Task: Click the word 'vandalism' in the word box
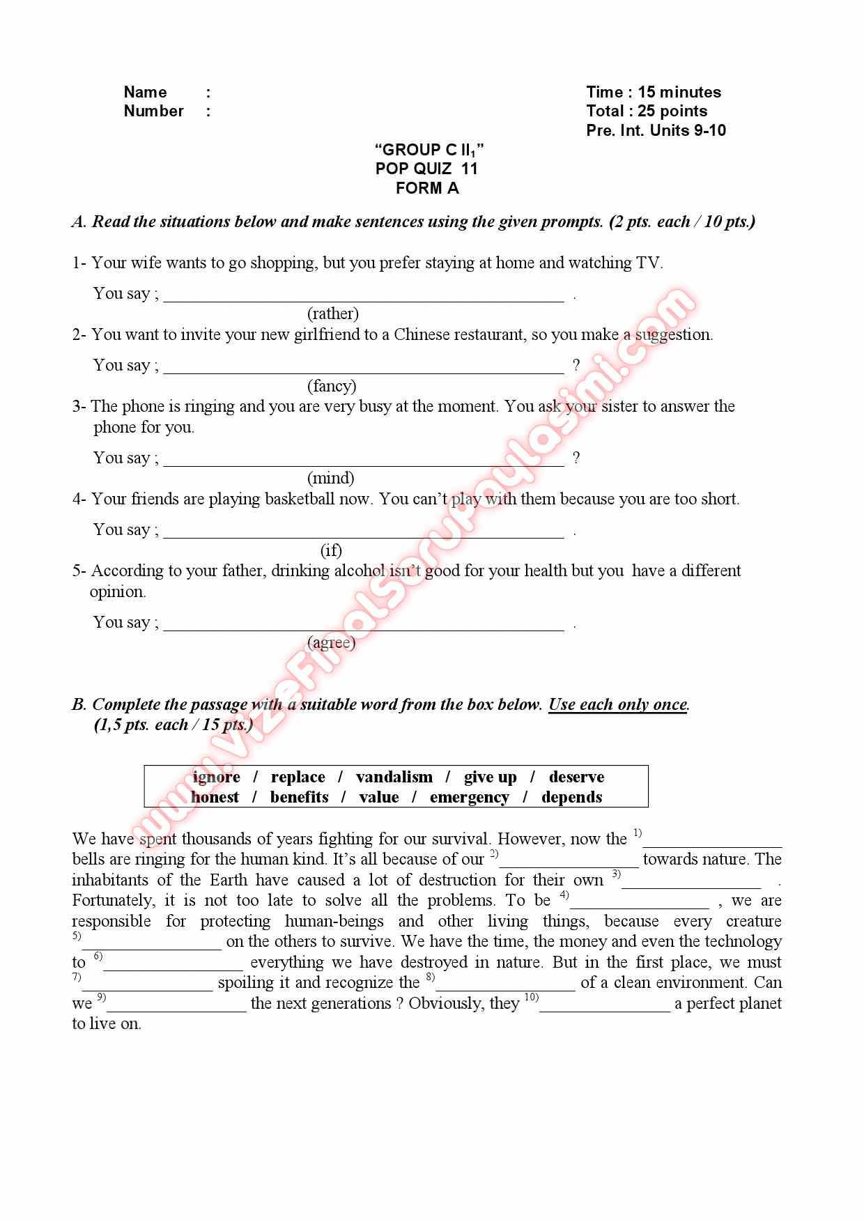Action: click(394, 777)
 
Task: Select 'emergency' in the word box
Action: click(469, 797)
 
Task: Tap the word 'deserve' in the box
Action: click(576, 777)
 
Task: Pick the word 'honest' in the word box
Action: click(215, 797)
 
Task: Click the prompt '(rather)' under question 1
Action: click(333, 314)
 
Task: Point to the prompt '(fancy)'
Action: click(332, 386)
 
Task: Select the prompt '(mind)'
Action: click(331, 478)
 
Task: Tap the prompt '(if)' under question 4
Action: click(331, 550)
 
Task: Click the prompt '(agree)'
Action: click(331, 642)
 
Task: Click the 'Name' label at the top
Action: click(145, 92)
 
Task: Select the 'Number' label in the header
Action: click(153, 111)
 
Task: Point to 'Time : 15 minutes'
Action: click(653, 92)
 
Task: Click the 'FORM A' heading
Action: click(426, 188)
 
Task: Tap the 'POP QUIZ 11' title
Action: click(426, 169)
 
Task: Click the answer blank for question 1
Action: click(363, 297)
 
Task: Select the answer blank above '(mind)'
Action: click(363, 461)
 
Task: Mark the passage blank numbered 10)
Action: click(604, 1006)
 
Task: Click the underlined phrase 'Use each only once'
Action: click(617, 704)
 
